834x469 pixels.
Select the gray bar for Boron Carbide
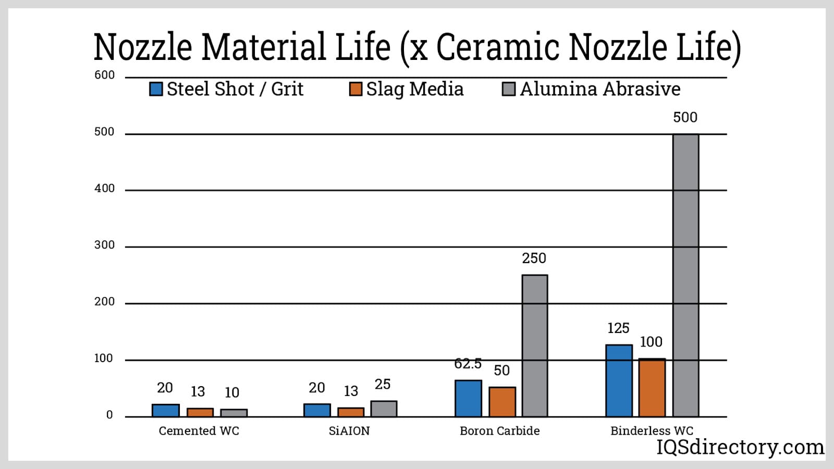pos(535,345)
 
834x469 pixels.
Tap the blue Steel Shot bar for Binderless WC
pos(619,380)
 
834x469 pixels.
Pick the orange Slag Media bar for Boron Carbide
pos(502,402)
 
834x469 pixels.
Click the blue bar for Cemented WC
pos(166,410)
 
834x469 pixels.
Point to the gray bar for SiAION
pos(384,409)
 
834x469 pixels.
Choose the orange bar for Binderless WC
pos(652,388)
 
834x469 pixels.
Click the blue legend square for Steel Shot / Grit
pos(156,89)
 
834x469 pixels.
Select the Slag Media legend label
pos(414,89)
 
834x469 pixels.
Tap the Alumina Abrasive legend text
pos(600,89)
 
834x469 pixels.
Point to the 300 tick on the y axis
pos(104,245)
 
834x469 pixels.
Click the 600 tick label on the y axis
pos(104,75)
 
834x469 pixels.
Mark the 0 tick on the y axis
pos(109,415)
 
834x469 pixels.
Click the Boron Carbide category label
pos(499,431)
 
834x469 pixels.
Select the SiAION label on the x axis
pos(349,431)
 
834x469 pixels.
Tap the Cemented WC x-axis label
pos(199,431)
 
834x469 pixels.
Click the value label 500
pos(685,117)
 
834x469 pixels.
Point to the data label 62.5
pos(468,363)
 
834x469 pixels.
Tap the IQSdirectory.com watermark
pos(740,447)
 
